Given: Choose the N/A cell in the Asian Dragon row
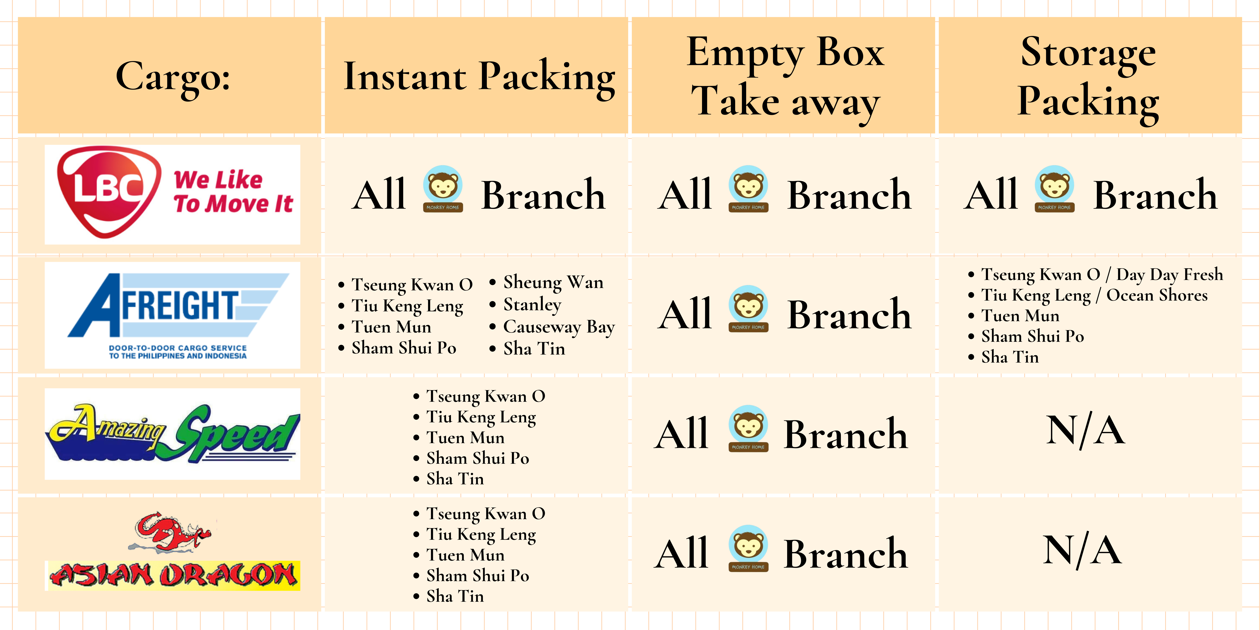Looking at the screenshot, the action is (1082, 550).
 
